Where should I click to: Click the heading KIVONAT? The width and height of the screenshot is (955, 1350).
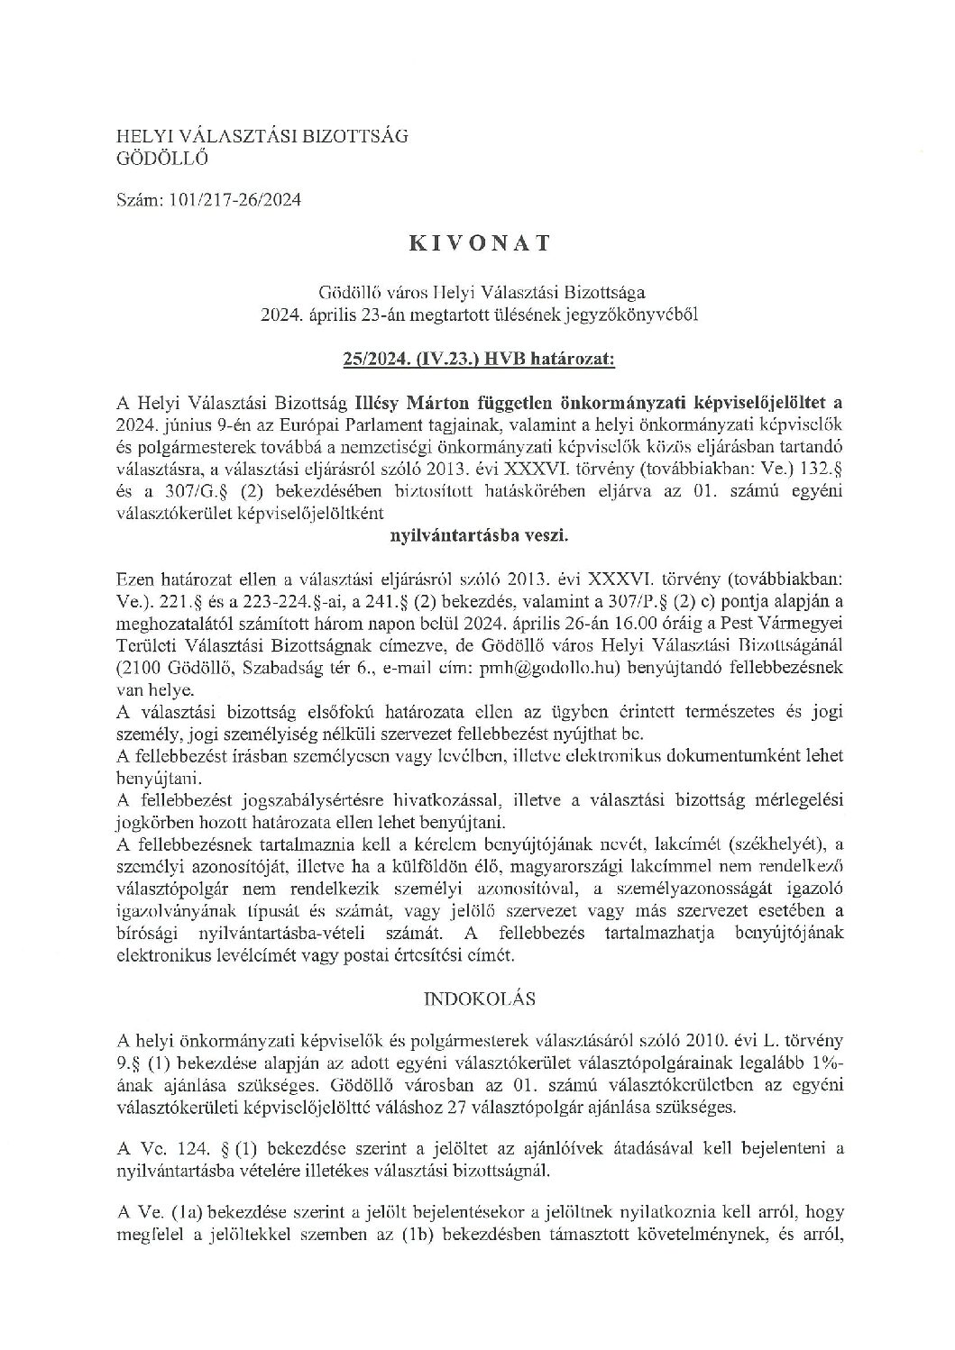[478, 244]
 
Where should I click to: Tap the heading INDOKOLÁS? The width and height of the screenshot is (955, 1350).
[477, 999]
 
